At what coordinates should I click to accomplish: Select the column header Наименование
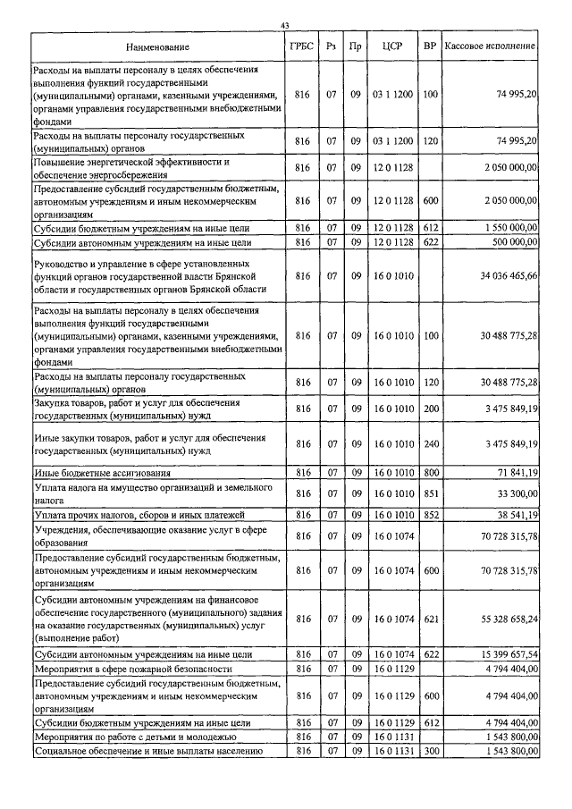pos(158,46)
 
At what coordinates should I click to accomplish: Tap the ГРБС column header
pos(302,46)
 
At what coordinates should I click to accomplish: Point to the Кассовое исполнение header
pos(491,46)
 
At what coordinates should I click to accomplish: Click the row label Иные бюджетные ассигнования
pos(102,472)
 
